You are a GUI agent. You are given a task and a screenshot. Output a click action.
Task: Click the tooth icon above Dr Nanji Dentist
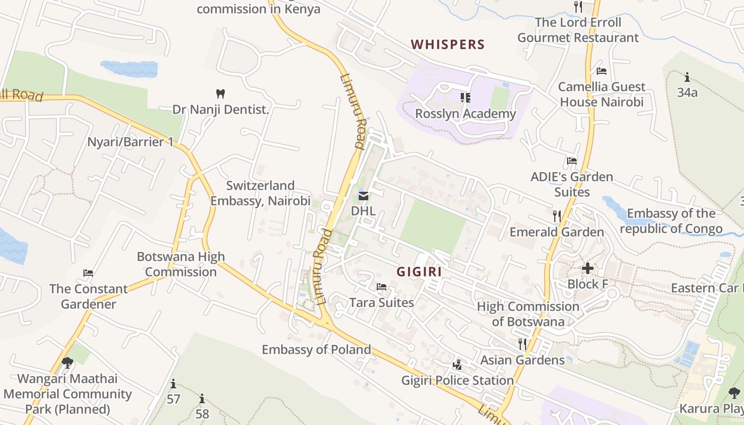pyautogui.click(x=221, y=94)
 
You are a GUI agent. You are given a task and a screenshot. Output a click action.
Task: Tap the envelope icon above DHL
pyautogui.click(x=363, y=196)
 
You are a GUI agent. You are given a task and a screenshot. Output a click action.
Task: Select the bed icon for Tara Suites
pyautogui.click(x=382, y=287)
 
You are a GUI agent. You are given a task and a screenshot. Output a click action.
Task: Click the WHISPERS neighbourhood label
pyautogui.click(x=448, y=45)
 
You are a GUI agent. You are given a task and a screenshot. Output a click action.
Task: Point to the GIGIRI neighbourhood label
pyautogui.click(x=419, y=272)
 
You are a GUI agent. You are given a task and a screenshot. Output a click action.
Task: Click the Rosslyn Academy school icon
pyautogui.click(x=466, y=98)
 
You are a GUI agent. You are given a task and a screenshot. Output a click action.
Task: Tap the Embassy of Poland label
pyautogui.click(x=316, y=350)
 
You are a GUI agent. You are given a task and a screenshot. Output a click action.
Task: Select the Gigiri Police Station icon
pyautogui.click(x=457, y=365)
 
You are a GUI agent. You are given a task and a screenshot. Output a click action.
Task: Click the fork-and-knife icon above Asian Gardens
pyautogui.click(x=522, y=344)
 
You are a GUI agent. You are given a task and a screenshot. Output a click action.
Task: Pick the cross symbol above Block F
pyautogui.click(x=588, y=269)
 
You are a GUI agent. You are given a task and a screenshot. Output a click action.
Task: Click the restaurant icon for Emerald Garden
pyautogui.click(x=556, y=216)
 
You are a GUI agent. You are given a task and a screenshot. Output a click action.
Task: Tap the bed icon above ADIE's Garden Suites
pyautogui.click(x=572, y=160)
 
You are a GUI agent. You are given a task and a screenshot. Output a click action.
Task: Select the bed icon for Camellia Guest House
pyautogui.click(x=602, y=71)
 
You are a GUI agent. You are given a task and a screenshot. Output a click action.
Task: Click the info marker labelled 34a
pyautogui.click(x=687, y=77)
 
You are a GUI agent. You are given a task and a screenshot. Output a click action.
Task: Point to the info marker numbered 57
pyautogui.click(x=173, y=384)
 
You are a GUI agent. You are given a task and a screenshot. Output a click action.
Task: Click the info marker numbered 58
pyautogui.click(x=202, y=398)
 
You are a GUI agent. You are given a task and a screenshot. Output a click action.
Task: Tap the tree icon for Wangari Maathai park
pyautogui.click(x=67, y=363)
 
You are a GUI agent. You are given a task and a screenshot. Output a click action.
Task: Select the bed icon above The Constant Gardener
pyautogui.click(x=88, y=273)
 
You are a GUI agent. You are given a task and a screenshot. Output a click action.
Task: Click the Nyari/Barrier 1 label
pyautogui.click(x=130, y=142)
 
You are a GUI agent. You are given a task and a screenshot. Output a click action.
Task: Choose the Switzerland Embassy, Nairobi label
pyautogui.click(x=260, y=193)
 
